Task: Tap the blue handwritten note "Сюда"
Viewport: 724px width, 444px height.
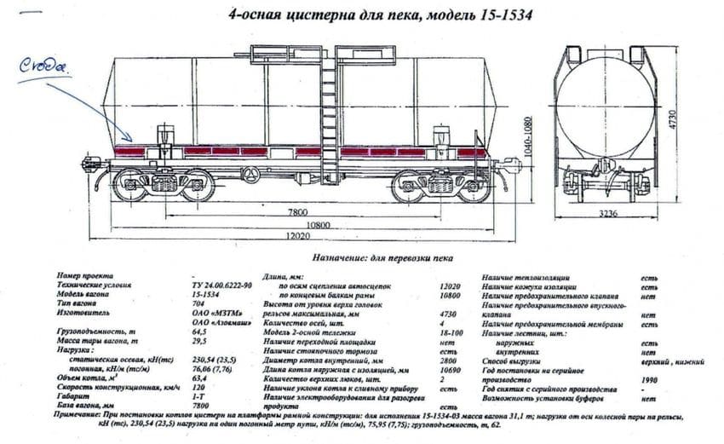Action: (x=44, y=65)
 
